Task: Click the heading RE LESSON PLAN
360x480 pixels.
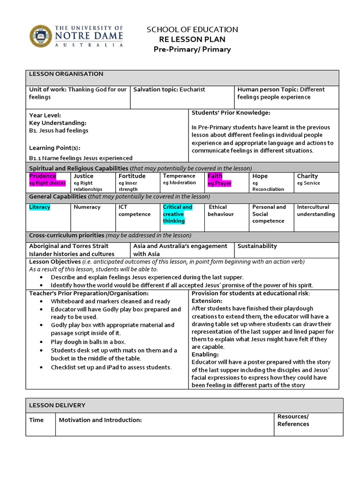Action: pyautogui.click(x=192, y=39)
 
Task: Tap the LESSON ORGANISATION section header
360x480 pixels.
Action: pyautogui.click(x=66, y=74)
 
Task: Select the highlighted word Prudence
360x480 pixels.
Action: pyautogui.click(x=42, y=176)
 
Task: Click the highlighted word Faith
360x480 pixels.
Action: pyautogui.click(x=215, y=176)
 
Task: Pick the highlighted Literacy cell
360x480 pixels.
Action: pyautogui.click(x=40, y=207)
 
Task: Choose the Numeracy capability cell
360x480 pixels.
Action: pyautogui.click(x=87, y=207)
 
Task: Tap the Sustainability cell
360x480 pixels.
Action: pyautogui.click(x=257, y=246)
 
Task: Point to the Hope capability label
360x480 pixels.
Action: pyautogui.click(x=260, y=176)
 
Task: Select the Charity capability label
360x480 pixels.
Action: pyautogui.click(x=307, y=176)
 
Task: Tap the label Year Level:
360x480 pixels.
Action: pyautogui.click(x=45, y=115)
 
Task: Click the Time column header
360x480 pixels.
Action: pyautogui.click(x=36, y=420)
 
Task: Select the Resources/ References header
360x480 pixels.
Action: pyautogui.click(x=293, y=420)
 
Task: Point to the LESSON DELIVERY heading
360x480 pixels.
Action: pyautogui.click(x=57, y=405)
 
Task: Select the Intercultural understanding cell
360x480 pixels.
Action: pyautogui.click(x=316, y=210)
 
